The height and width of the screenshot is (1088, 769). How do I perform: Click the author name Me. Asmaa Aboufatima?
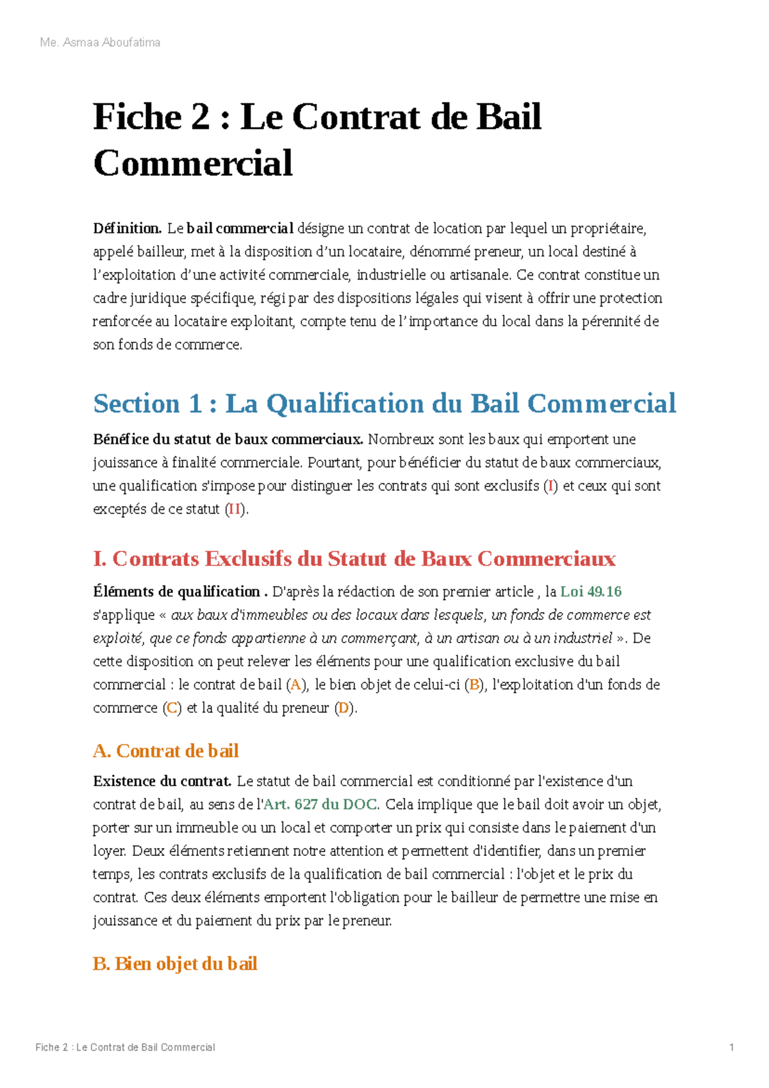coord(100,43)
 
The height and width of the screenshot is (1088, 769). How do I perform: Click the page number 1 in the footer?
coord(731,1047)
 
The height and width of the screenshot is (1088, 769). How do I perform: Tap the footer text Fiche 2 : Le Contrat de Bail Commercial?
coord(125,1047)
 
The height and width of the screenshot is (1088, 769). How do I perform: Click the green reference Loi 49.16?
coord(591,592)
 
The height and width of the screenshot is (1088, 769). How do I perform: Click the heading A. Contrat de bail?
coord(166,751)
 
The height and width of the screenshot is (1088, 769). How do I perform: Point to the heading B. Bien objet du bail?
coord(175,964)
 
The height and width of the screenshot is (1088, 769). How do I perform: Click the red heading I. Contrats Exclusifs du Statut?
coord(354,559)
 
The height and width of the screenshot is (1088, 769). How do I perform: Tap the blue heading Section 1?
coord(384,404)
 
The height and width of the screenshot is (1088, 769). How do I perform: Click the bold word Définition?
coord(127,228)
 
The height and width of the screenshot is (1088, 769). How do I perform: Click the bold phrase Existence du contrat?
coord(162,782)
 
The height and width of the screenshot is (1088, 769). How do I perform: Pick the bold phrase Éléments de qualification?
coord(176,592)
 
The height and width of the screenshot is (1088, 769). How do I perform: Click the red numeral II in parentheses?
coord(235,510)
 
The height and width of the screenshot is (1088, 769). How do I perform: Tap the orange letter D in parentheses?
coord(344,708)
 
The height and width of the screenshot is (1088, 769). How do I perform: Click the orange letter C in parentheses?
coord(172,708)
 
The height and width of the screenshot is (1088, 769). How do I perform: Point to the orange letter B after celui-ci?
coord(475,685)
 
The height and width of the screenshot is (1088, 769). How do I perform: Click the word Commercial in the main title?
coord(193,163)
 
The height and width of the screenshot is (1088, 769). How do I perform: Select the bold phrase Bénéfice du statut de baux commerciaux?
coord(228,440)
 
